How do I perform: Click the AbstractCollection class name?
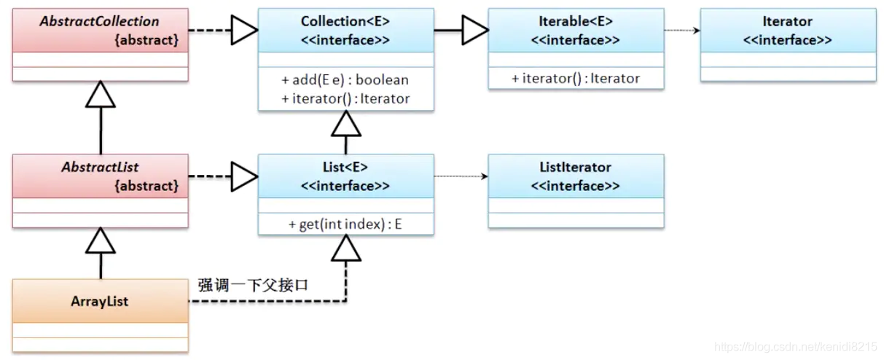click(101, 21)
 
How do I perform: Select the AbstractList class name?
click(101, 167)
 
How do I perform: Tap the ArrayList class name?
click(101, 301)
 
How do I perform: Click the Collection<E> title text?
click(345, 21)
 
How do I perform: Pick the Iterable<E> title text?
click(575, 21)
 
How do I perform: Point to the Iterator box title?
click(787, 21)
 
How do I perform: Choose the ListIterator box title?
click(575, 167)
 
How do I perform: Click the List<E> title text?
click(345, 167)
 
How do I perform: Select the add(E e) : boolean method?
click(345, 79)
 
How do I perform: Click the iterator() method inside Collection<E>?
click(345, 98)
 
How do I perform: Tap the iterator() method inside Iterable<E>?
click(575, 79)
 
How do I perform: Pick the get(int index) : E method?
click(345, 225)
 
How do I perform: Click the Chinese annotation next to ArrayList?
click(253, 285)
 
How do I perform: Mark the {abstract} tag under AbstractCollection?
click(146, 40)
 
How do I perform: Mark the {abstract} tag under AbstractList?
click(146, 186)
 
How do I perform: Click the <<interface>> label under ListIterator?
click(575, 186)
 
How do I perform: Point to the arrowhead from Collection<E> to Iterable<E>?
click(475, 31)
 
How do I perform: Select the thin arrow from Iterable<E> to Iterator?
click(681, 31)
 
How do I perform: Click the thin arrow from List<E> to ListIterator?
click(460, 176)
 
